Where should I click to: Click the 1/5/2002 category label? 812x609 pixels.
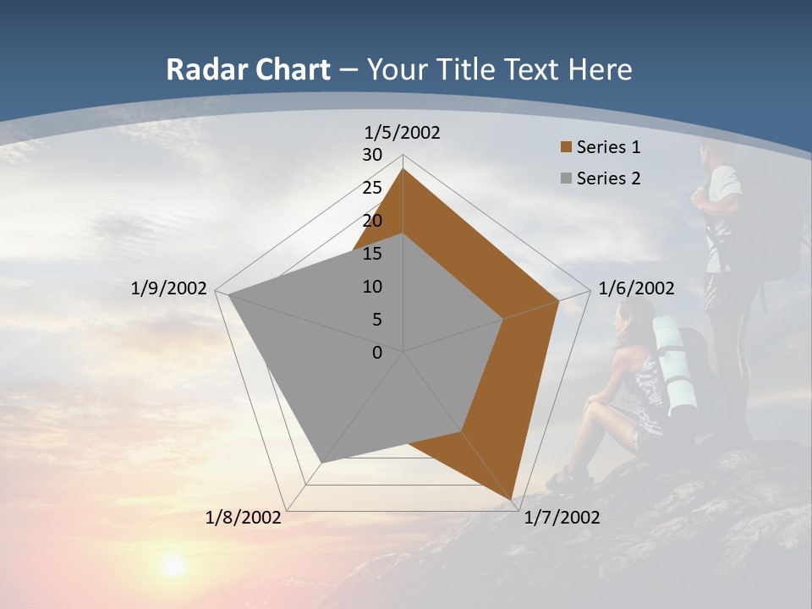click(403, 132)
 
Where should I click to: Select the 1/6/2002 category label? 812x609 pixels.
click(636, 288)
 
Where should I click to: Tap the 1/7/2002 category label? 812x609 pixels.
click(562, 518)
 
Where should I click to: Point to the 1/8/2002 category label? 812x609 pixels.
click(244, 518)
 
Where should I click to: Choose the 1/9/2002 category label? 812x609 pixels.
click(168, 288)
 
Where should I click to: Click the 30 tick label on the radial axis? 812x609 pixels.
click(372, 155)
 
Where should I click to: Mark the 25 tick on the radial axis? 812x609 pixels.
click(372, 188)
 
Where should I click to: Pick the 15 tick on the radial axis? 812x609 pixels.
click(372, 254)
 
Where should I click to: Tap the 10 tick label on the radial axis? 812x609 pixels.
click(372, 287)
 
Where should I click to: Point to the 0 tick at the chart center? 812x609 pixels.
click(377, 353)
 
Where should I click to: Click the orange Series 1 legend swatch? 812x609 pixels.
click(567, 147)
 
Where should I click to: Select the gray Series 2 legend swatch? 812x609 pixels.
click(567, 178)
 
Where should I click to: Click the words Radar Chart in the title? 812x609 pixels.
click(248, 69)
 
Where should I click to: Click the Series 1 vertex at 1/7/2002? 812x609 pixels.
click(513, 499)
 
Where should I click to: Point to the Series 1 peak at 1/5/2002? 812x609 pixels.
click(403, 170)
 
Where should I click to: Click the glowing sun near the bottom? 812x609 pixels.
click(173, 564)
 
